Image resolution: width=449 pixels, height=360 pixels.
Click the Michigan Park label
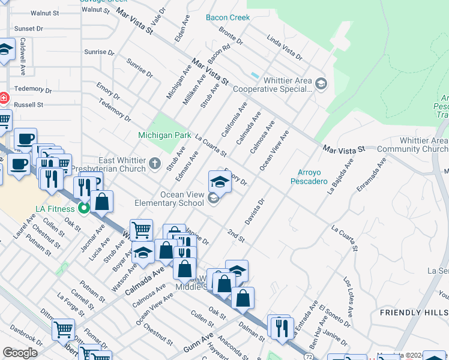164,136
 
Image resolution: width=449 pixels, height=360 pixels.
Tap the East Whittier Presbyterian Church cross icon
154,163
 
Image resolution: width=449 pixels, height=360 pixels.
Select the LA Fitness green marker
85,208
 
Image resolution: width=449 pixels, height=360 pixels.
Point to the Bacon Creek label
228,18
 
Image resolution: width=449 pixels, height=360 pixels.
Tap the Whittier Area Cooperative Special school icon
321,83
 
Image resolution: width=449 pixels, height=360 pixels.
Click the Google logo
20,353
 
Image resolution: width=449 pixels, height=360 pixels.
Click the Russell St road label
29,104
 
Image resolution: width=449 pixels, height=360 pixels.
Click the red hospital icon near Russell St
3,97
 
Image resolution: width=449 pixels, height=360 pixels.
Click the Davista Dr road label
254,213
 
